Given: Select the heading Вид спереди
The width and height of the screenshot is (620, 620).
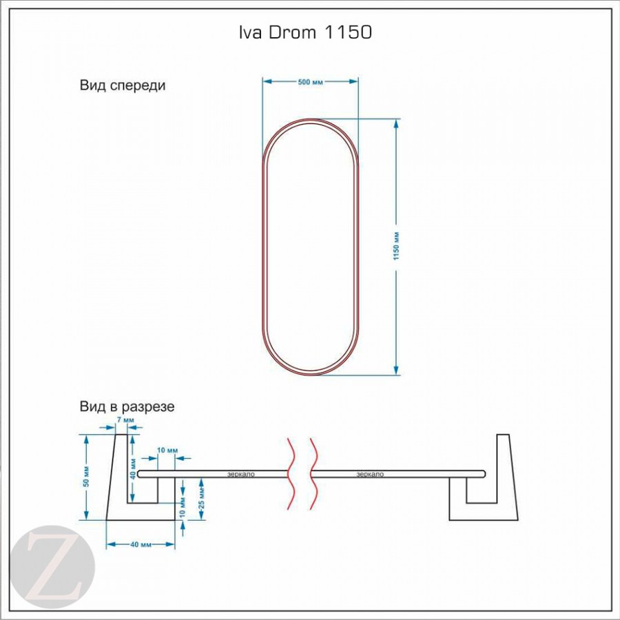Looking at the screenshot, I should pos(123,86).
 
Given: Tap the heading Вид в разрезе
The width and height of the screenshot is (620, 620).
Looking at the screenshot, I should pos(127,406).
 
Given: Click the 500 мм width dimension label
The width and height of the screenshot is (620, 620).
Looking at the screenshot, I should pos(310,82).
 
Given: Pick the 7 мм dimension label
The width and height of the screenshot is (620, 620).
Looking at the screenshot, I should pos(127,419).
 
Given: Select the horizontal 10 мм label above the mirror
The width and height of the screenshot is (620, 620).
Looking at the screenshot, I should pos(167,450).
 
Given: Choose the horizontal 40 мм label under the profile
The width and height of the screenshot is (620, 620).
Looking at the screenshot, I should pos(141,544).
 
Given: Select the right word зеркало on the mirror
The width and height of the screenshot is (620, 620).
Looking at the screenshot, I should pos(371,475).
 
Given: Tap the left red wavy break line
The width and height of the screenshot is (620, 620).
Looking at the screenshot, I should pos(292,472).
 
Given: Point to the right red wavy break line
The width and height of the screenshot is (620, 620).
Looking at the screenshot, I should pos(315,472).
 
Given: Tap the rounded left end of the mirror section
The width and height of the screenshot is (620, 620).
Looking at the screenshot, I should pos(141,474).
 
